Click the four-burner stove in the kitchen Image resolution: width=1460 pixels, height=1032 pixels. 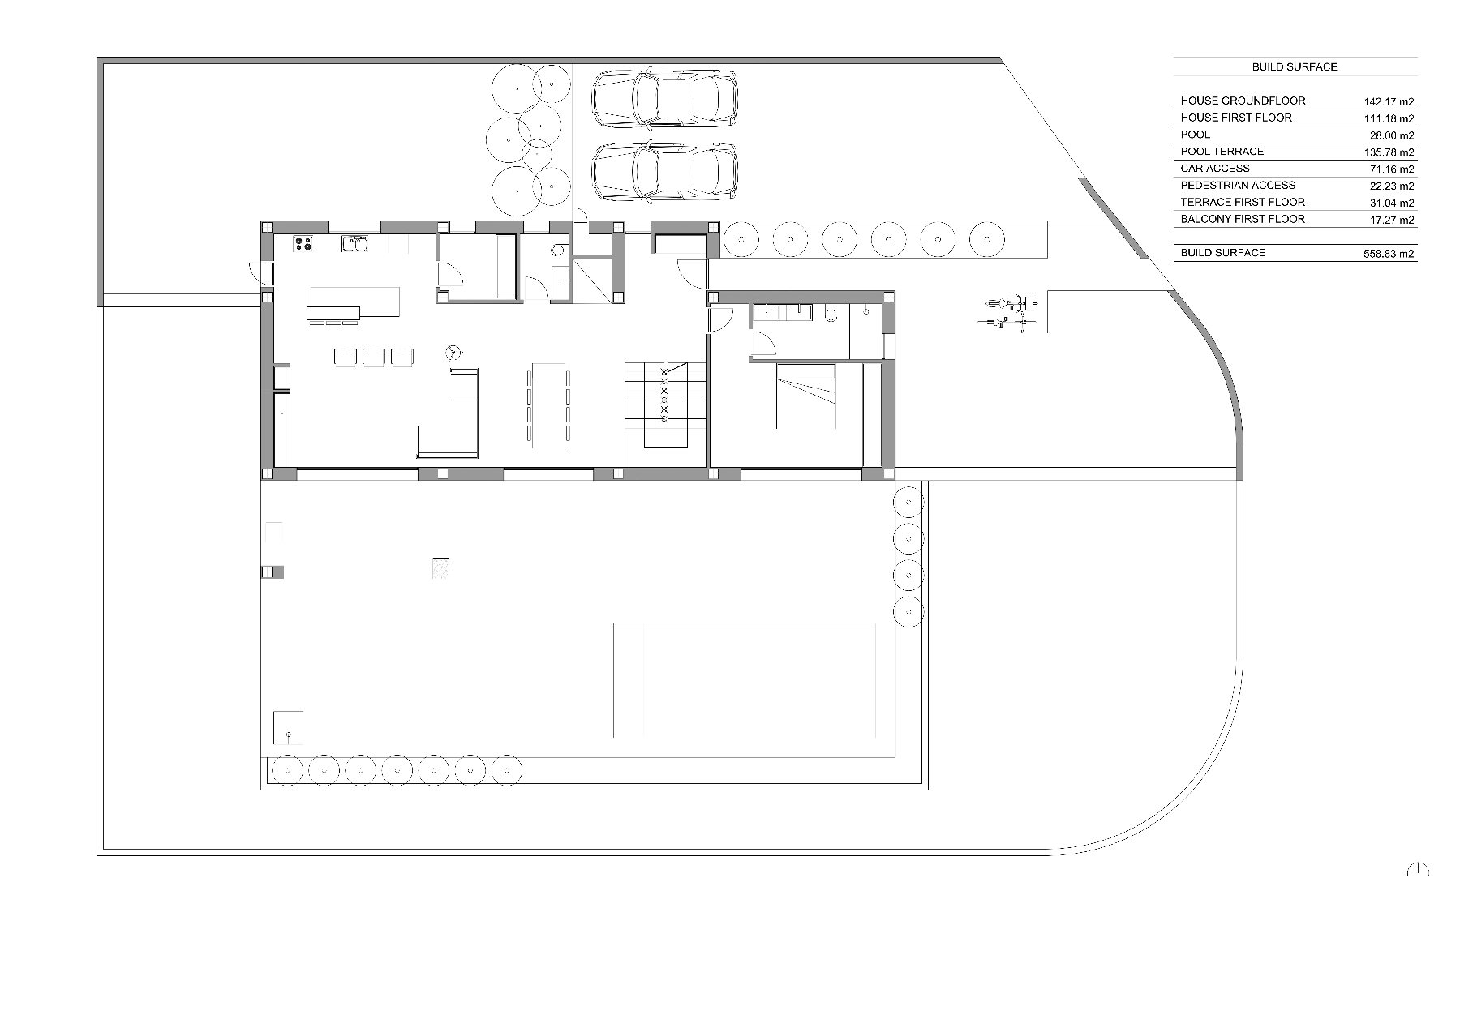[x=303, y=242]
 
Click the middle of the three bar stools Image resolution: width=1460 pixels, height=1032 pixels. [x=373, y=358]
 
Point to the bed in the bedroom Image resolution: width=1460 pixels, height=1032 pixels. [x=806, y=396]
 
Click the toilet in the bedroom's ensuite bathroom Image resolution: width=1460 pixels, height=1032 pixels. [x=830, y=314]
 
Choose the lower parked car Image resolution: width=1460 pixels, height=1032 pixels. [x=664, y=172]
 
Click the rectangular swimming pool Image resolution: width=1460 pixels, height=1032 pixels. [x=744, y=679]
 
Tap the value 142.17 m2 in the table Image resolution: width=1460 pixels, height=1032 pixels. [x=1389, y=102]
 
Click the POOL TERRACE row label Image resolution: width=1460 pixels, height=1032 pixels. [x=1222, y=152]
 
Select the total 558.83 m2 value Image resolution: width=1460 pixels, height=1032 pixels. [x=1389, y=254]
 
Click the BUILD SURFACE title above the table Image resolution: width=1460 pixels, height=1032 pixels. [x=1294, y=67]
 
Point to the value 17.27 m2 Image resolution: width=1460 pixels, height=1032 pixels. [x=1391, y=220]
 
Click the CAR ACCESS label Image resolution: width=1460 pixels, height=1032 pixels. [x=1214, y=169]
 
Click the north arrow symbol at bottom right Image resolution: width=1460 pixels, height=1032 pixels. [x=1417, y=869]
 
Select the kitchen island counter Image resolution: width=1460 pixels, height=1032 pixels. [x=354, y=301]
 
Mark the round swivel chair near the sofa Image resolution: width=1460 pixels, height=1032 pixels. [x=453, y=353]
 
